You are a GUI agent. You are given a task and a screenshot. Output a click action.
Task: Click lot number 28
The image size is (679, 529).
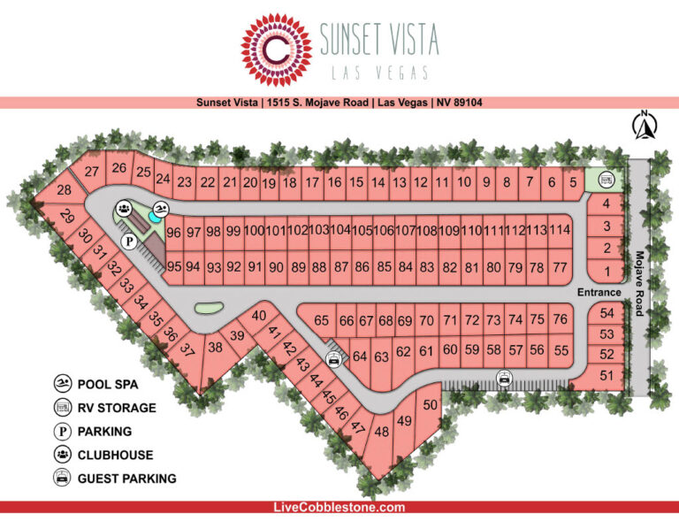click(64, 190)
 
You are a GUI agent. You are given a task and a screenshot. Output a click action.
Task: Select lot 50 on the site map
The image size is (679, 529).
click(431, 404)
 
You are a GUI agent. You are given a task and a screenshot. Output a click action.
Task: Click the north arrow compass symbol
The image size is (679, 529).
click(645, 126)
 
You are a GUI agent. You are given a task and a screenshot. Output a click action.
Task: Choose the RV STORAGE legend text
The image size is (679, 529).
click(117, 408)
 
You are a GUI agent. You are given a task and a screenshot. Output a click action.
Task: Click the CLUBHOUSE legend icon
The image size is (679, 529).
click(63, 455)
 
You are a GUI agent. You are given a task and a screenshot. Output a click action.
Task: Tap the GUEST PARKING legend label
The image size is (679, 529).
click(126, 479)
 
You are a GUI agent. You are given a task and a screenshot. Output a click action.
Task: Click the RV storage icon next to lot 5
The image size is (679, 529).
click(607, 180)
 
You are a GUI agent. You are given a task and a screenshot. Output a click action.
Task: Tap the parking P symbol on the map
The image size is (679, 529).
click(129, 240)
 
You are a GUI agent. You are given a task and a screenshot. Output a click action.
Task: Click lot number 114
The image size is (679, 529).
click(559, 230)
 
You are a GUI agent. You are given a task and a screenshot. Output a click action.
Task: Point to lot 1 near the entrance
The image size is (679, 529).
click(607, 271)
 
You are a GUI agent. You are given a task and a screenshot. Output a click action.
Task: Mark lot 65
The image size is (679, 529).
click(321, 321)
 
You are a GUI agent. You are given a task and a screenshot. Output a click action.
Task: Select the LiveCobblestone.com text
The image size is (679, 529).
click(339, 507)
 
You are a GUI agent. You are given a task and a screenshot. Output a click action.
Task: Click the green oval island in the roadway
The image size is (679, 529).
click(207, 309)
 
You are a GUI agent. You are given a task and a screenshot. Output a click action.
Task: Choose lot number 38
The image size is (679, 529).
click(216, 348)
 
